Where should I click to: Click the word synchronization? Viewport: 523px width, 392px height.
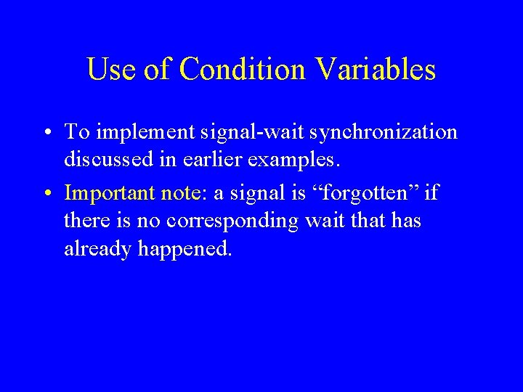377,132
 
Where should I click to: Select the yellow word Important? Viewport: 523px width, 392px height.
106,194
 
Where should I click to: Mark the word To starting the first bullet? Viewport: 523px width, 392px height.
76,132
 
